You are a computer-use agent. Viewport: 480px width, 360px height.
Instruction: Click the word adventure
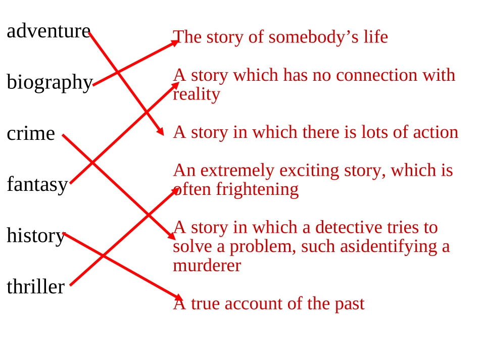[49, 31]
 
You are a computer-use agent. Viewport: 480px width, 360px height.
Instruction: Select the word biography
[50, 83]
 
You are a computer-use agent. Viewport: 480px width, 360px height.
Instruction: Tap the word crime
[31, 134]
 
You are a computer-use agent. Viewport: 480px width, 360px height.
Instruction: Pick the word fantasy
[37, 185]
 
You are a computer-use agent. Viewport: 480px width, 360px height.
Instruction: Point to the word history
[36, 236]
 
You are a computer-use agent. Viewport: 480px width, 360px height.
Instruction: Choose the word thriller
[35, 287]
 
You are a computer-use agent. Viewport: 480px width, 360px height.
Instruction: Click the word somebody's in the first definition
[313, 37]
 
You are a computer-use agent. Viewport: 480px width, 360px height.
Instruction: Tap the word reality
[197, 94]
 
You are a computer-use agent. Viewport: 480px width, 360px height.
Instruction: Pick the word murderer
[207, 266]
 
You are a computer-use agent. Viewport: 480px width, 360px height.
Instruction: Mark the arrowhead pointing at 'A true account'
[178, 297]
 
